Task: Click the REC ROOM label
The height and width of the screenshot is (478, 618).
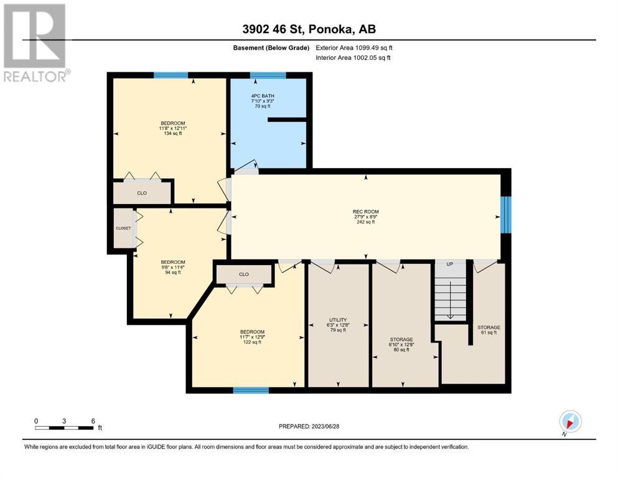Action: [365, 212]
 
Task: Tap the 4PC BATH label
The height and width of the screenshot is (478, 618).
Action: [263, 96]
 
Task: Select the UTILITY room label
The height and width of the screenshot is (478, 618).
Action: [338, 320]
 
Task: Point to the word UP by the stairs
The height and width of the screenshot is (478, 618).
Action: [450, 264]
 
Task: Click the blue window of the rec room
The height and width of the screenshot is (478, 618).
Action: [506, 214]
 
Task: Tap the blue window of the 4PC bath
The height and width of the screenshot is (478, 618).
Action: [268, 75]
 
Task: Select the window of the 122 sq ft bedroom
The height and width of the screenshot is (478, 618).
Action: [251, 390]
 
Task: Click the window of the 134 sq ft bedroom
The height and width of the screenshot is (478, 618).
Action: [171, 75]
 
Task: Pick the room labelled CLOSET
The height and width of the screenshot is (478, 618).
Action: [123, 228]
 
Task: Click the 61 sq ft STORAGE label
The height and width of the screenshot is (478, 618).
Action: [489, 327]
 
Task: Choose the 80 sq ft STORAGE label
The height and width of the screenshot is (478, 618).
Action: [401, 339]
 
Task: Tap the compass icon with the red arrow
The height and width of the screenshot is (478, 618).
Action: [570, 421]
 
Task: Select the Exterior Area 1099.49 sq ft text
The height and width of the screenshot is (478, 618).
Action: [354, 48]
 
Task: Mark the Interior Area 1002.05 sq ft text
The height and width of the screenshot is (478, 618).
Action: [353, 57]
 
